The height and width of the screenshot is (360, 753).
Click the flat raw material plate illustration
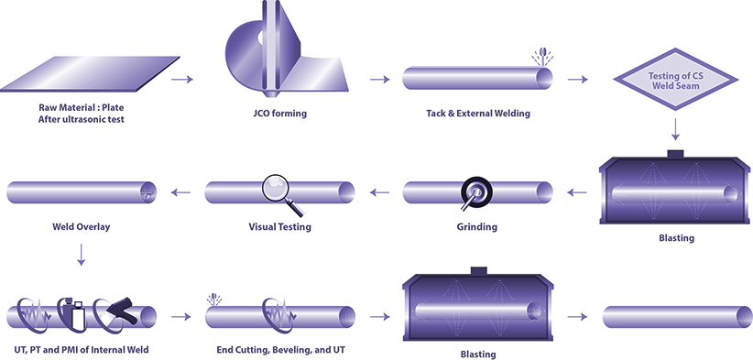(x=96, y=80)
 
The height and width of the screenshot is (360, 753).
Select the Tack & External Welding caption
(x=477, y=114)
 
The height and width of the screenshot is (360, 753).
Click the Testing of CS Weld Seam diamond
(x=674, y=80)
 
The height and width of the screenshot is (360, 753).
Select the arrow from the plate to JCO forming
(x=183, y=80)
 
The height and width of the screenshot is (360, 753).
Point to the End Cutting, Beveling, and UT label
(x=278, y=350)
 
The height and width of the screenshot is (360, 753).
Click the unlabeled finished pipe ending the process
(x=676, y=317)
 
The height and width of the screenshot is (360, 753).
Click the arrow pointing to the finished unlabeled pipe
(x=577, y=317)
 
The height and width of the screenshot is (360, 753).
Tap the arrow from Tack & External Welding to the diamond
(x=577, y=80)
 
